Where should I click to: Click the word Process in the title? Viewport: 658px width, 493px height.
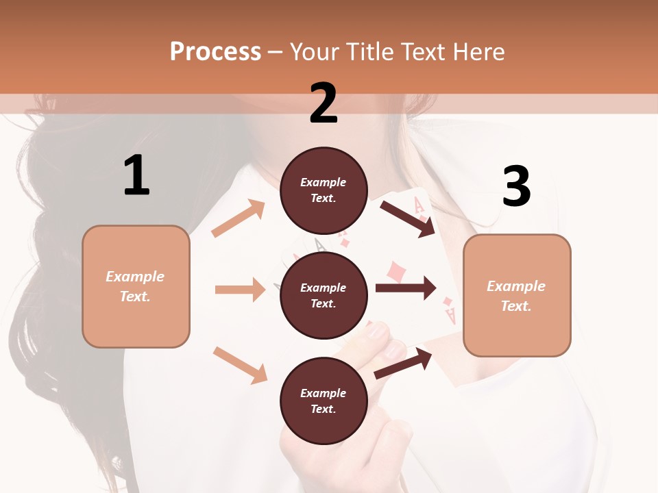pyautogui.click(x=215, y=52)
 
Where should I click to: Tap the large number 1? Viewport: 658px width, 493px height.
pyautogui.click(x=136, y=175)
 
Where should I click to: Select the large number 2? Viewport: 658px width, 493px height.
pyautogui.click(x=324, y=103)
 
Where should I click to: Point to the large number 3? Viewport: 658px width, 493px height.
pyautogui.click(x=516, y=187)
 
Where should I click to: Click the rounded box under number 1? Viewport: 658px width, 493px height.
pyautogui.click(x=136, y=286)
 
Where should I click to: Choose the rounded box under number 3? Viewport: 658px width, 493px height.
pyautogui.click(x=517, y=295)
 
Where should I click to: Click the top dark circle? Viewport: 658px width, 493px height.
pyautogui.click(x=324, y=190)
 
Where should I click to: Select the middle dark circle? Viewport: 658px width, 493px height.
pyautogui.click(x=324, y=295)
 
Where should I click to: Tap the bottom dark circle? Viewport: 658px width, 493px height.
pyautogui.click(x=324, y=401)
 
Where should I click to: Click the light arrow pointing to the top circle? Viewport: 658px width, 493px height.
pyautogui.click(x=239, y=218)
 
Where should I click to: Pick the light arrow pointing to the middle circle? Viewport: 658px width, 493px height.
pyautogui.click(x=240, y=290)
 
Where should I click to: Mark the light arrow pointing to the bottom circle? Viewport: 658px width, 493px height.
pyautogui.click(x=240, y=365)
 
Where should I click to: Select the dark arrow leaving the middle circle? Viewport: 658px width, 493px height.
pyautogui.click(x=406, y=288)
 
